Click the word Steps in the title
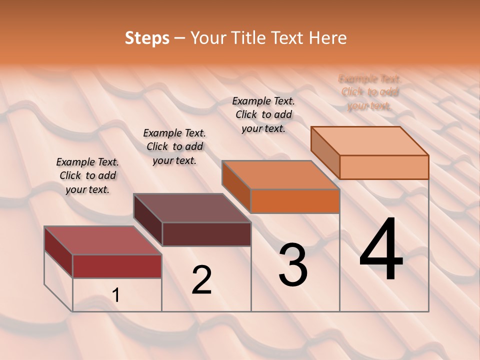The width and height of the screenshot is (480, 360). (x=146, y=38)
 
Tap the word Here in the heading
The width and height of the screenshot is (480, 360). (x=327, y=38)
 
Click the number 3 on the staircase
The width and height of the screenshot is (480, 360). (x=293, y=265)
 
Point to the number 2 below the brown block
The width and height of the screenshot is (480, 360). (x=201, y=279)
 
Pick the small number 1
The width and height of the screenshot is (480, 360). (x=116, y=295)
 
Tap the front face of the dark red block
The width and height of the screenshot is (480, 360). (x=117, y=266)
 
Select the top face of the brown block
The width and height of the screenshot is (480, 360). (x=192, y=208)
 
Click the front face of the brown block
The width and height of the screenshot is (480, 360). (x=206, y=234)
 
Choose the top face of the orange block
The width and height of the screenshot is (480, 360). (x=280, y=175)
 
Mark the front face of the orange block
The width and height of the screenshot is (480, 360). (x=295, y=201)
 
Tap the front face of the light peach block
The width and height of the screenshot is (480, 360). (x=384, y=167)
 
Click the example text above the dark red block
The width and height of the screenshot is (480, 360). (x=87, y=175)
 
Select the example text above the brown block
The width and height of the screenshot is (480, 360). (x=174, y=146)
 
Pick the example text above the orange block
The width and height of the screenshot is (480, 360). (x=263, y=114)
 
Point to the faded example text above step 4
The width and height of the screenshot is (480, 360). (x=369, y=92)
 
